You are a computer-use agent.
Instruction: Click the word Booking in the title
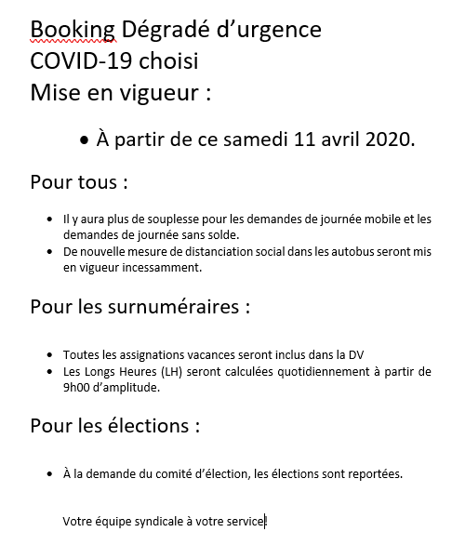(73, 30)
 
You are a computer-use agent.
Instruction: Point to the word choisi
(170, 61)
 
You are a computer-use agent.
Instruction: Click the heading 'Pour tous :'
(79, 180)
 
